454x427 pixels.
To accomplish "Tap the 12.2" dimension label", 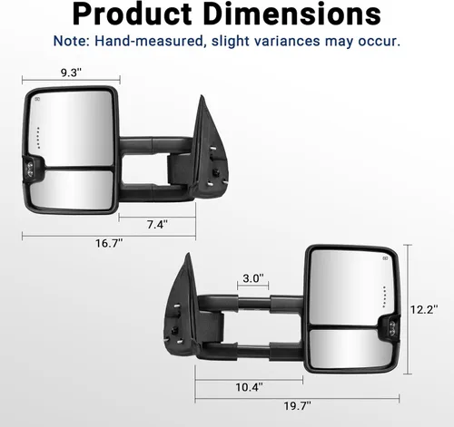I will pyautogui.click(x=422, y=309).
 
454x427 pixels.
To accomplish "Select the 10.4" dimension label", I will pyautogui.click(x=249, y=386).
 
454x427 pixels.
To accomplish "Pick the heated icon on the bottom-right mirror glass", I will pyautogui.click(x=384, y=258).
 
